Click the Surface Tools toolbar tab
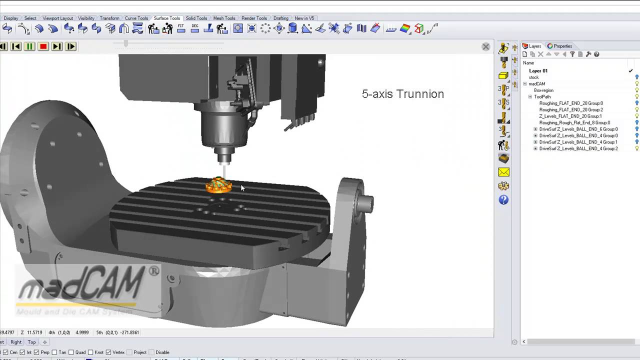[x=166, y=18]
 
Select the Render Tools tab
[x=254, y=18]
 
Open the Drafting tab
[x=280, y=18]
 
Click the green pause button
[x=29, y=46]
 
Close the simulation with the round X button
[x=485, y=46]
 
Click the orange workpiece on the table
[x=219, y=185]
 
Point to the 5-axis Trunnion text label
[x=402, y=94]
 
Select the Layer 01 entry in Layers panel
[x=538, y=71]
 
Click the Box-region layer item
[x=543, y=90]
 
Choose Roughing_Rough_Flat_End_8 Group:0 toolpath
[x=574, y=122]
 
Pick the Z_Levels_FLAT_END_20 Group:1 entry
[x=570, y=116]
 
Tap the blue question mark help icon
[x=503, y=200]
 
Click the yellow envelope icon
[x=503, y=172]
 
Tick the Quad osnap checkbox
[x=71, y=352]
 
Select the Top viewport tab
[x=31, y=342]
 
